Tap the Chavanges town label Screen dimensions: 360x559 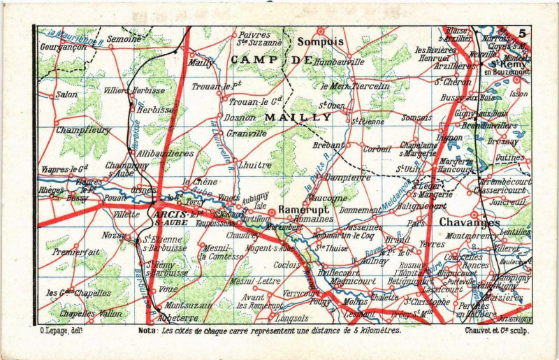click(x=470, y=222)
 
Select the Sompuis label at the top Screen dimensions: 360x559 click(x=320, y=42)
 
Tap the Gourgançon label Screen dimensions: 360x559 click(x=64, y=47)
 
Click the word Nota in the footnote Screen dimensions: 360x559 click(x=147, y=330)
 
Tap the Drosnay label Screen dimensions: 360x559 click(x=502, y=141)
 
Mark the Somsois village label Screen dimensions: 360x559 click(x=417, y=117)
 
